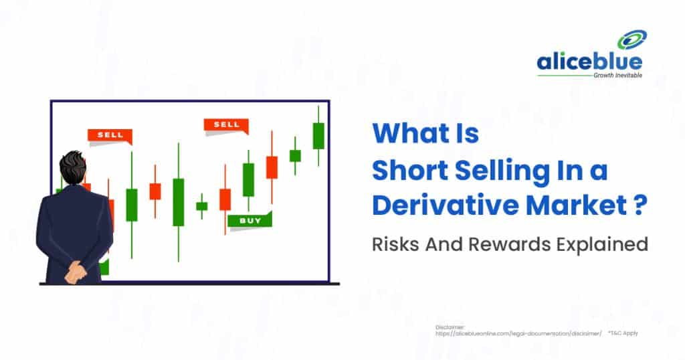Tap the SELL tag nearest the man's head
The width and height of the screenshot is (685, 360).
(110, 135)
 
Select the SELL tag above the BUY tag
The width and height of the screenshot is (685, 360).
(226, 125)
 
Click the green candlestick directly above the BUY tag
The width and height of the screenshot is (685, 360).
(248, 179)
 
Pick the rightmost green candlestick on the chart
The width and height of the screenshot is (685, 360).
(318, 136)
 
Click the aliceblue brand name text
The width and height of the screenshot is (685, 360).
(589, 63)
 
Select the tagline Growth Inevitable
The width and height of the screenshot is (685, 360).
(617, 76)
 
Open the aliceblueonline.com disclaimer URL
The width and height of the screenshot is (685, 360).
(518, 333)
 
